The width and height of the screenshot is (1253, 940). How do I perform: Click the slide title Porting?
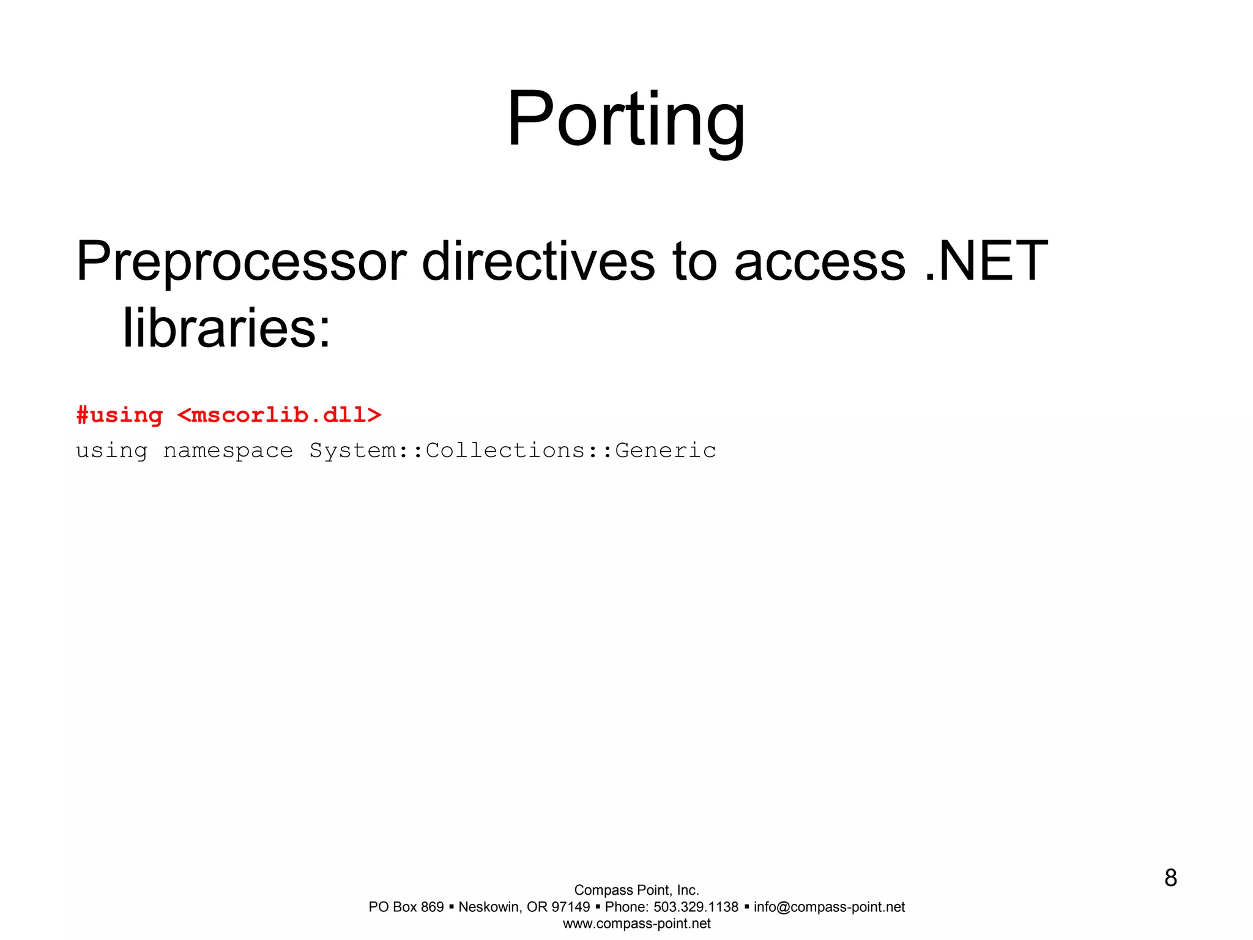pos(626,119)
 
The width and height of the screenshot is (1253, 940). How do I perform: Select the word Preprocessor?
pos(241,262)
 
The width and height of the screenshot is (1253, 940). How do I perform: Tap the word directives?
pos(538,262)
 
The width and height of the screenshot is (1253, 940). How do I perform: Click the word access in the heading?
pos(819,262)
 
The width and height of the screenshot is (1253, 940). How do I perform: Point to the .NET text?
pos(986,262)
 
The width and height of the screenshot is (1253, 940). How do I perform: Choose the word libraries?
pos(226,329)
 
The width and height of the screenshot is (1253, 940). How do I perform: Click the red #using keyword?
pos(119,416)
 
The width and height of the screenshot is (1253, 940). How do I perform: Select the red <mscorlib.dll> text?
pos(279,416)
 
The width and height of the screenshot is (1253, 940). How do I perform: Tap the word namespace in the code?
pos(228,451)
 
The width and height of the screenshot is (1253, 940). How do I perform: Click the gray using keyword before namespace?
pos(111,451)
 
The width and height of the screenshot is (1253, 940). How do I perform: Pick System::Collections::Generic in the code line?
pos(513,451)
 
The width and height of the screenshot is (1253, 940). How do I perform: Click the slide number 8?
pos(1170,878)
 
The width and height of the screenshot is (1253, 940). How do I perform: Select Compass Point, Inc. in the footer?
pos(636,890)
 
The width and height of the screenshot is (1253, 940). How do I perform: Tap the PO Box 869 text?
pos(406,907)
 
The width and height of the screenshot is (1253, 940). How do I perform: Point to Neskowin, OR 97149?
pos(524,907)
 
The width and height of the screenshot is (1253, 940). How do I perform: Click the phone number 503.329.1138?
pos(696,907)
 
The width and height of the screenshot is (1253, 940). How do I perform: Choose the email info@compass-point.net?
pos(829,907)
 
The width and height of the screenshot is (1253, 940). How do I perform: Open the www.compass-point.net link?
pos(636,923)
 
